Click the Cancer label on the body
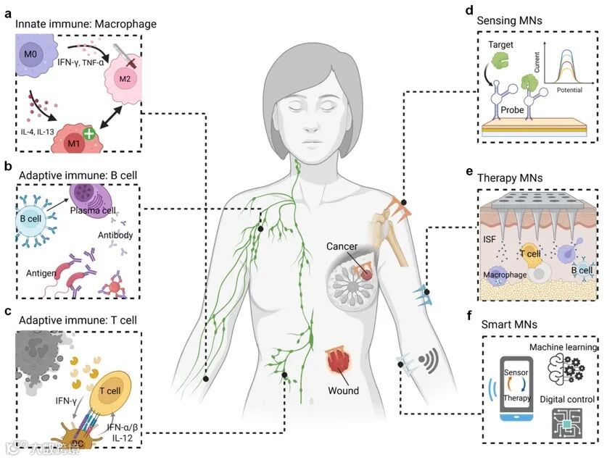coord(342,247)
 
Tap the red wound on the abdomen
coord(342,359)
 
